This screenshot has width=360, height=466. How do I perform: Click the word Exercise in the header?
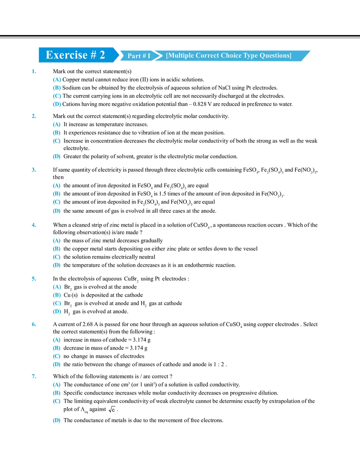pos(66,55)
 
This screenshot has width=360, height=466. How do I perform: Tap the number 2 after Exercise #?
pos(102,55)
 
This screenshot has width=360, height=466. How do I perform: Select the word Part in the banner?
pos(134,56)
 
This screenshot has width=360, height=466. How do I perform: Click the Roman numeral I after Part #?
pos(149,56)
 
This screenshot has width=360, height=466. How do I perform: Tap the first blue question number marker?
pos(34,72)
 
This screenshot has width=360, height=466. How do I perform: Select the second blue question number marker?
pos(34,117)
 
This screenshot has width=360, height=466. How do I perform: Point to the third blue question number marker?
pos(34,169)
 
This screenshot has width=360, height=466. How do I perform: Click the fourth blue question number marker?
pos(34,225)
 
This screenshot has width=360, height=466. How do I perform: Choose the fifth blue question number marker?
pos(34,278)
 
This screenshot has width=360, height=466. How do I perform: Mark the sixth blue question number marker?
pos(34,324)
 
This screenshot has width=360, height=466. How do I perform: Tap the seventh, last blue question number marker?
pos(34,376)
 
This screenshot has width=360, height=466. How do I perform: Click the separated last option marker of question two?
pos(57,156)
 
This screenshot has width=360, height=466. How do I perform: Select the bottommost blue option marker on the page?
pos(57,421)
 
